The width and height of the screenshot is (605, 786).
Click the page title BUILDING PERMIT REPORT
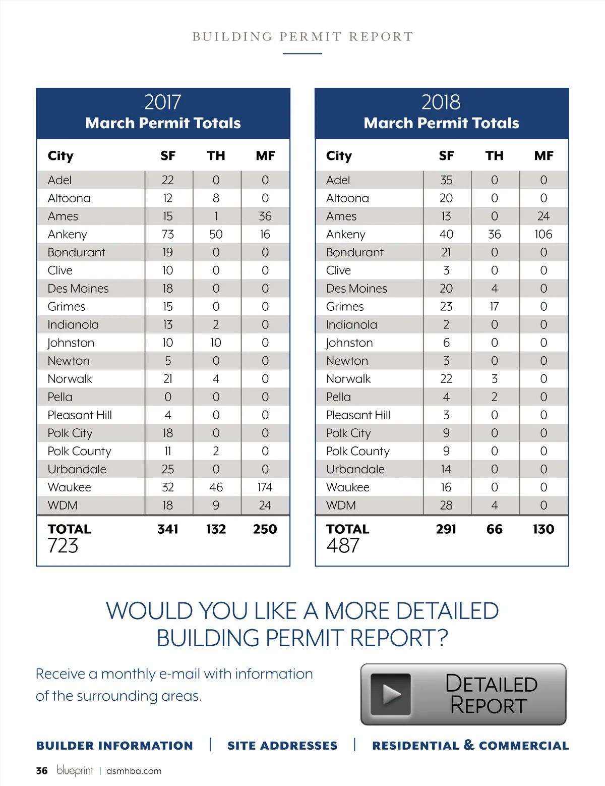click(302, 37)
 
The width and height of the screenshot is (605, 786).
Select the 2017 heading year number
click(162, 102)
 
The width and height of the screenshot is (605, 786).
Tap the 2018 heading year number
click(441, 102)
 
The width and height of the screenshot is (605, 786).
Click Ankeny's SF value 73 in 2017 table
click(168, 234)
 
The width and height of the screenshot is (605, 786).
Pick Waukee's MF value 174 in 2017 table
click(265, 487)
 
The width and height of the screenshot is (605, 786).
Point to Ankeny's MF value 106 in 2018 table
click(543, 234)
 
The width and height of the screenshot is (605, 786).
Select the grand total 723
click(63, 546)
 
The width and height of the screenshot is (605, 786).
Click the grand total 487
click(343, 546)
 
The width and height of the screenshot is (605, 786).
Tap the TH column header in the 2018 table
click(495, 156)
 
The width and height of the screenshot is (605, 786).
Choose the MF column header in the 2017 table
click(265, 156)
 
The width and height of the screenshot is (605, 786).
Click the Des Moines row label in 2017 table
click(78, 289)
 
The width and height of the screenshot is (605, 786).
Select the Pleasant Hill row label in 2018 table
click(358, 415)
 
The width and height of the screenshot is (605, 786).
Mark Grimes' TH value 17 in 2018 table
click(495, 307)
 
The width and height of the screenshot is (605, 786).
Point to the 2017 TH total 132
click(216, 529)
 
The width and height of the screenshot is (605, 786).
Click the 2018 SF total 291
click(446, 529)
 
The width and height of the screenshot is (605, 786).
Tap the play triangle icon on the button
click(391, 694)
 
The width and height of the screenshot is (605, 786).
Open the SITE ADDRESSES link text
click(282, 746)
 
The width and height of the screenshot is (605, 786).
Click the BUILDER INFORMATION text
click(114, 746)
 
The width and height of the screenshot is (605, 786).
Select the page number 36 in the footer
click(42, 771)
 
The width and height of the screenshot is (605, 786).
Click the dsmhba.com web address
click(134, 771)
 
